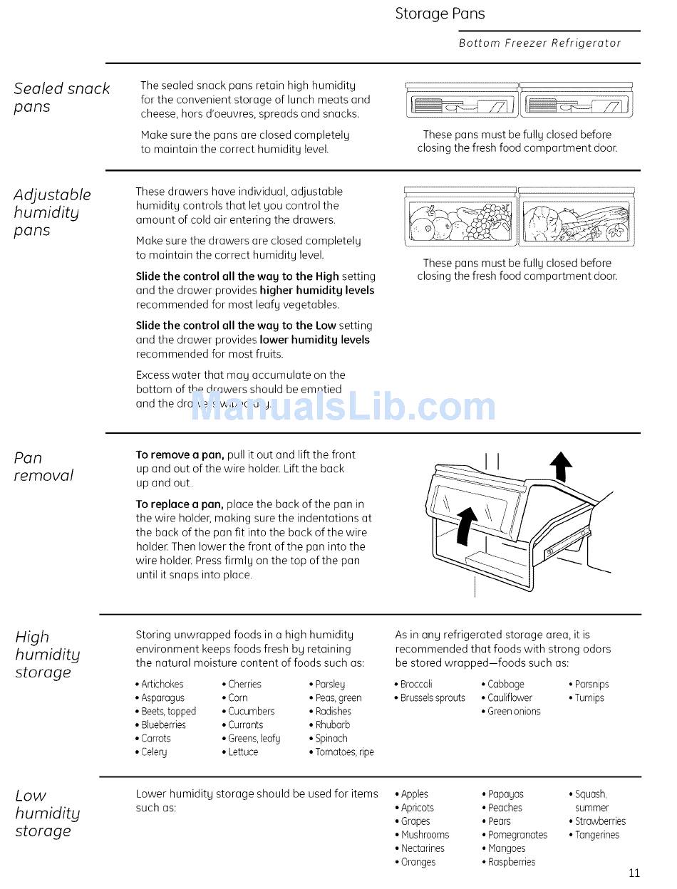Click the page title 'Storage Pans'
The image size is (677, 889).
coord(440,14)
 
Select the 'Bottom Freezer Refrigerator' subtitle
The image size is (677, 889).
coord(539,43)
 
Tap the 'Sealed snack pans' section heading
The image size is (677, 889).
coord(61,98)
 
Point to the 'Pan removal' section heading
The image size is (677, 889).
coord(43,467)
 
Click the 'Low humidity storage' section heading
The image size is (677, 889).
coord(47,813)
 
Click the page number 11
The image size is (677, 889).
coord(634,873)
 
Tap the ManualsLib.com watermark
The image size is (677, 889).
coord(343,407)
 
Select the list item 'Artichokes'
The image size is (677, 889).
coord(162,684)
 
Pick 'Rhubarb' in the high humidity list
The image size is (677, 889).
coord(333,724)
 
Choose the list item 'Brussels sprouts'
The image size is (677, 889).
coord(432,698)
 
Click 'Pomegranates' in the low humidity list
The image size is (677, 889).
coord(518,835)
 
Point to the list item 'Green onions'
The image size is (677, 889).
coord(514,711)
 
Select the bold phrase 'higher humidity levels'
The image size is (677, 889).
coord(316,291)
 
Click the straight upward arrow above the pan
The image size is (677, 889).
coord(562,467)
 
